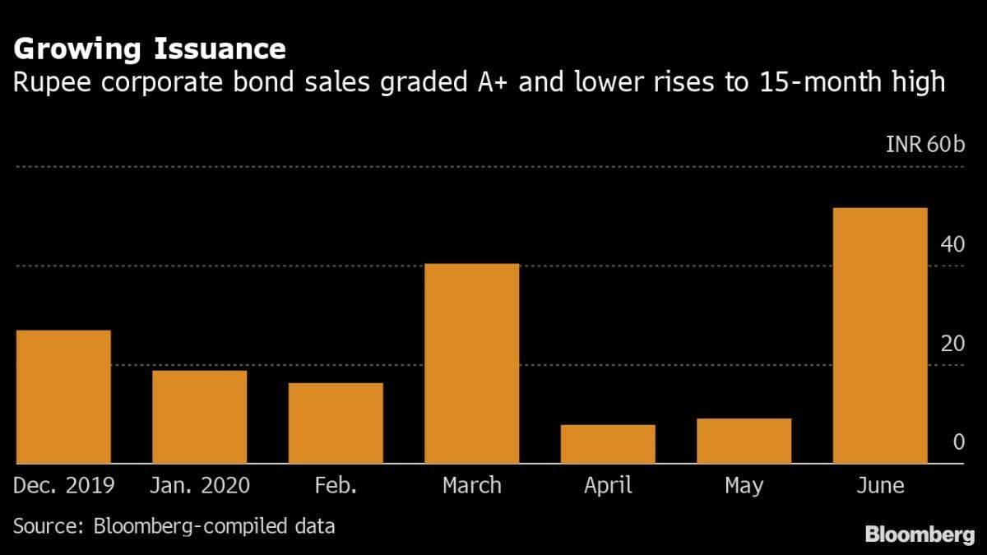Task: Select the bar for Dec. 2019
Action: (63, 397)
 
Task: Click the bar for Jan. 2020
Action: (199, 417)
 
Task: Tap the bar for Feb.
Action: (336, 423)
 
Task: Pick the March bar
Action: (471, 363)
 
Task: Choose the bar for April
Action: (608, 444)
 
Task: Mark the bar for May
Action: (744, 441)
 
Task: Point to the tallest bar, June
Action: (880, 335)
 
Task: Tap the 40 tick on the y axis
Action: (952, 244)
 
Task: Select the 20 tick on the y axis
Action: (952, 343)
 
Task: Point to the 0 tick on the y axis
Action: (958, 442)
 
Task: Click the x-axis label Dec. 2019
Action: (63, 486)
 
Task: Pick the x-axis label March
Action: (471, 486)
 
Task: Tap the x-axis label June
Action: (880, 486)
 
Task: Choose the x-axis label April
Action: (608, 486)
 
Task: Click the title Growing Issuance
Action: (150, 49)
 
